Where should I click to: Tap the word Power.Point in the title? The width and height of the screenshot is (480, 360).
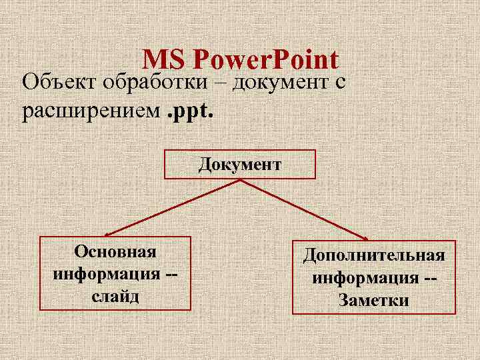tap(266, 60)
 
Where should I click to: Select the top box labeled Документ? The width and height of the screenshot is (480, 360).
tap(240, 165)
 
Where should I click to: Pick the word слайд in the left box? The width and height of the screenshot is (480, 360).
tap(115, 295)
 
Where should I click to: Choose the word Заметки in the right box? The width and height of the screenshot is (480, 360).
tap(374, 300)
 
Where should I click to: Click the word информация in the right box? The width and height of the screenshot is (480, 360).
tap(364, 277)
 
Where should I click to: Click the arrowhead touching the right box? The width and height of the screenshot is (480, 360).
tap(365, 237)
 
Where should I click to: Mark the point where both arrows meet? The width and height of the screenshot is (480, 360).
tap(240, 180)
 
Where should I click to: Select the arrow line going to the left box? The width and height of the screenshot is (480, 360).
tap(173, 207)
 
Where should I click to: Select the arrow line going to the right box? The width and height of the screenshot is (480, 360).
tap(303, 209)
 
